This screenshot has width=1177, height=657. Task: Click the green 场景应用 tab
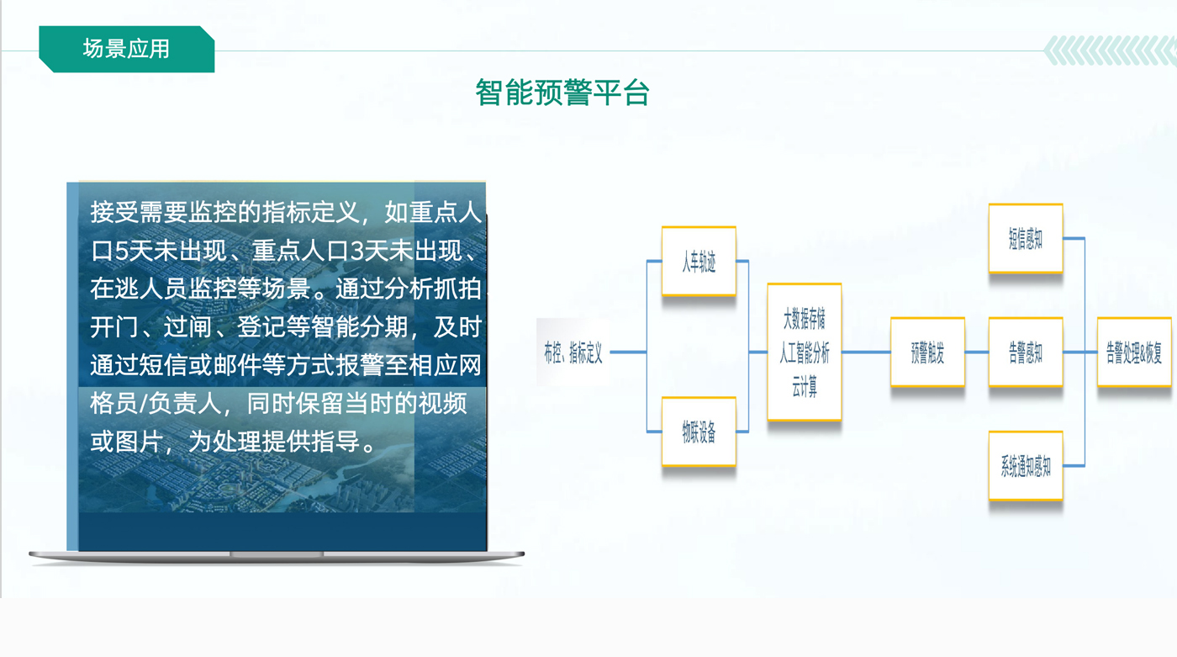[x=127, y=49]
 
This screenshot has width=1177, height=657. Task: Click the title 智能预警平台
[x=562, y=93]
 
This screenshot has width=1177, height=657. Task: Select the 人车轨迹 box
[x=699, y=262]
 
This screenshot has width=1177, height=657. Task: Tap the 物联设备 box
[x=699, y=432]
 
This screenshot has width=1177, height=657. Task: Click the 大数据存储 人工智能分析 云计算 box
[x=805, y=352]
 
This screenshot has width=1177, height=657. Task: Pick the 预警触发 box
[x=928, y=352]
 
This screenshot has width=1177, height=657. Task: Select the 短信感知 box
[x=1026, y=239]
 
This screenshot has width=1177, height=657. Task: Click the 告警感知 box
[x=1026, y=352]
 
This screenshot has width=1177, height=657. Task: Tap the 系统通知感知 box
[x=1026, y=466]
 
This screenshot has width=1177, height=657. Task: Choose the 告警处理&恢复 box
[x=1134, y=352]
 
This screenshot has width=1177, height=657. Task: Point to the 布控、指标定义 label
[x=573, y=352]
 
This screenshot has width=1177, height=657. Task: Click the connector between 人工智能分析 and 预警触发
[x=866, y=352]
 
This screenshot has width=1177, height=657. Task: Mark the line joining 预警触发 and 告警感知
[x=977, y=352]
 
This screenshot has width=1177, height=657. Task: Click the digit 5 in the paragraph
[x=122, y=251]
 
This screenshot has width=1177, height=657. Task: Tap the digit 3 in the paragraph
[x=357, y=251]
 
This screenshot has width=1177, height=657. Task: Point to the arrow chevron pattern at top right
[x=1111, y=50]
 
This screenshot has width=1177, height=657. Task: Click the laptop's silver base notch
[x=277, y=554]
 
